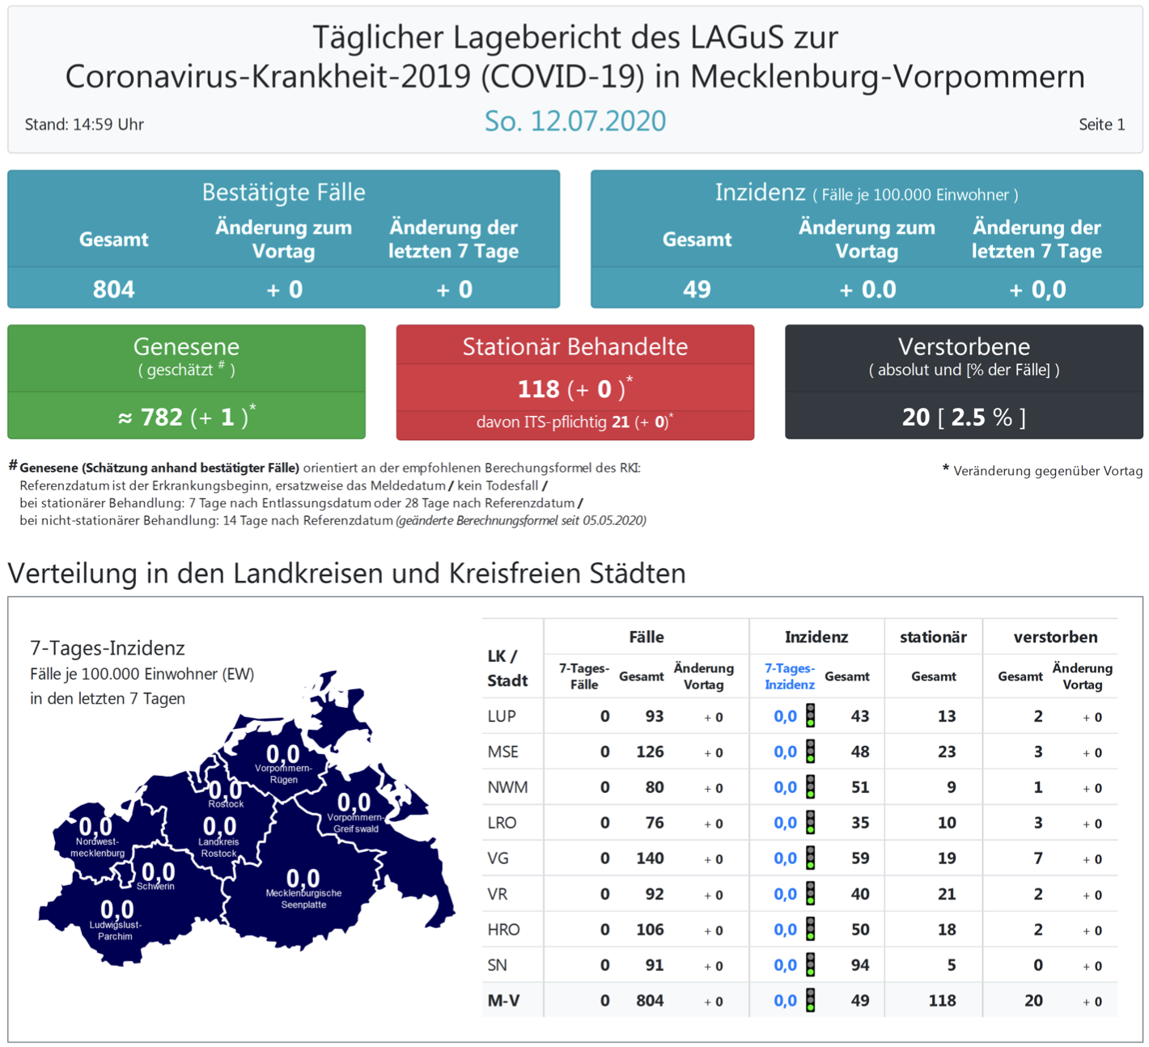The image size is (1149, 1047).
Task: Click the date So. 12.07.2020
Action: click(574, 121)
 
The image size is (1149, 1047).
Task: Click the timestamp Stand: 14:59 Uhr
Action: click(84, 125)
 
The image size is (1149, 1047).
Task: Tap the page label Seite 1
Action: click(1101, 125)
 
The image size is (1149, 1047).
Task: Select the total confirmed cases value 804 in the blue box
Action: click(113, 289)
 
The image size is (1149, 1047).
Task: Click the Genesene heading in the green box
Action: click(186, 346)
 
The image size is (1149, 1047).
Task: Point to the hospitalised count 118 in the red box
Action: click(538, 389)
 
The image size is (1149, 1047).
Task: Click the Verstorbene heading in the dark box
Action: click(964, 346)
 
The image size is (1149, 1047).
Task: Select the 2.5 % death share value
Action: click(981, 417)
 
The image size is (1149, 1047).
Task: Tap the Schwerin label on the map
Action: click(155, 887)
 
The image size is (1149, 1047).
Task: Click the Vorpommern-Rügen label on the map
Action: click(283, 774)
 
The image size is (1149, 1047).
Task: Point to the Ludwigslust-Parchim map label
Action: click(115, 930)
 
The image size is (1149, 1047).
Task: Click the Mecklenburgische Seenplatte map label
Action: click(303, 899)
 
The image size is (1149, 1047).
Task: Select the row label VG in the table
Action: click(498, 858)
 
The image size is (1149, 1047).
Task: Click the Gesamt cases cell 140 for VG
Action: click(649, 858)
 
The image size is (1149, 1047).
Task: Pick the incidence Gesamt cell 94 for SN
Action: click(859, 965)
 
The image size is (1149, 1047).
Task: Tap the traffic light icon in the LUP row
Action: click(810, 716)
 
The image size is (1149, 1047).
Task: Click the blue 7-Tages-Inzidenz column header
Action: click(789, 676)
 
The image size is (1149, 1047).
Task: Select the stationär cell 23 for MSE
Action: click(946, 752)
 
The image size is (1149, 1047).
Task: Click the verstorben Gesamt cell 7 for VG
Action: click(1037, 858)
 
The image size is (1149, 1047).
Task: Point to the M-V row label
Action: click(503, 1001)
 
